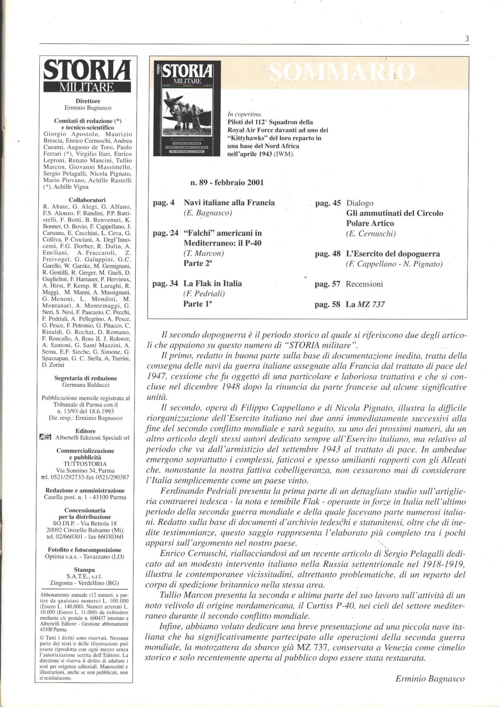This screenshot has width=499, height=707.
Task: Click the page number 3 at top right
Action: pyautogui.click(x=466, y=40)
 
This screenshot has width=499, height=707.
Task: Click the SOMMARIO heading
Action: pyautogui.click(x=342, y=72)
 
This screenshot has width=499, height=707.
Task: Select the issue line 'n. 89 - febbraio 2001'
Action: pyautogui.click(x=226, y=182)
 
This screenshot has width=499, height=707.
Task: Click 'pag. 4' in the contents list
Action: pyautogui.click(x=164, y=203)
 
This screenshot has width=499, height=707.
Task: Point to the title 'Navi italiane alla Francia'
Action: pyautogui.click(x=229, y=203)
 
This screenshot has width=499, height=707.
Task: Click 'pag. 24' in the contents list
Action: pyautogui.click(x=166, y=233)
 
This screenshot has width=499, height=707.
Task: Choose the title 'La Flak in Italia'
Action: pyautogui.click(x=213, y=283)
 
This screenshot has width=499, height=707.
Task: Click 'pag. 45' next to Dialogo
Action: pyautogui.click(x=328, y=203)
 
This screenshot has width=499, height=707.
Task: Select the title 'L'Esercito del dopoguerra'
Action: pyautogui.click(x=393, y=254)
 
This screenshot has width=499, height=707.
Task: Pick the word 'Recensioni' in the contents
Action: pyautogui.click(x=364, y=284)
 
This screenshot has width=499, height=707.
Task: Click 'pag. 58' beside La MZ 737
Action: pyautogui.click(x=328, y=304)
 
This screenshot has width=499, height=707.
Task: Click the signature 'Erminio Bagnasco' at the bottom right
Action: pyautogui.click(x=430, y=679)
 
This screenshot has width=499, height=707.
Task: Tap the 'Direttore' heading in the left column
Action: pyautogui.click(x=88, y=101)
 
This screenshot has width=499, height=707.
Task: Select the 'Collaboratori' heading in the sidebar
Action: pyautogui.click(x=87, y=200)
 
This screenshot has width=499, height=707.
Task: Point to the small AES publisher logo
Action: pyautogui.click(x=44, y=437)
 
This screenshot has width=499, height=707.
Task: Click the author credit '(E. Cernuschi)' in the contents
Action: pyautogui.click(x=371, y=234)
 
